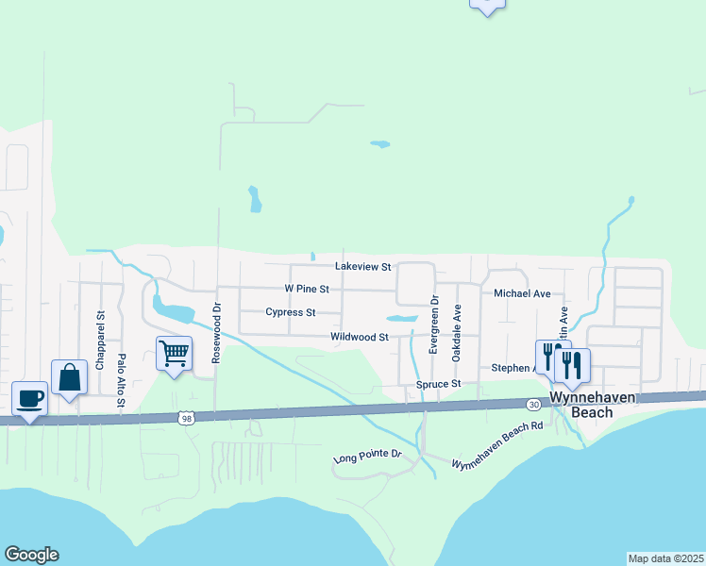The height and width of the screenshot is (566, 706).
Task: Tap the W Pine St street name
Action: pyautogui.click(x=307, y=289)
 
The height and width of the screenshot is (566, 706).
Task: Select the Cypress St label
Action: pyautogui.click(x=290, y=312)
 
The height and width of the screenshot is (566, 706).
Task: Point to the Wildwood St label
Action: pyautogui.click(x=360, y=337)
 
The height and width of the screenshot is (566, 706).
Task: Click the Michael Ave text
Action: pyautogui.click(x=522, y=294)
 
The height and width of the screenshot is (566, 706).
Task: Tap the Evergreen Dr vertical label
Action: pyautogui.click(x=435, y=325)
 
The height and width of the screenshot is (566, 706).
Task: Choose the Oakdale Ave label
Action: pyautogui.click(x=457, y=332)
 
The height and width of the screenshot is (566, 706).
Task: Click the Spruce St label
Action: pyautogui.click(x=439, y=385)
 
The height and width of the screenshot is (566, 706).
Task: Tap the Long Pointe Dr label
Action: pyautogui.click(x=368, y=458)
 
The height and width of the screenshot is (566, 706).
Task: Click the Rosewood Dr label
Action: pyautogui.click(x=216, y=332)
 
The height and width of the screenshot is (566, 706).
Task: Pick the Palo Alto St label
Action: pyautogui.click(x=121, y=379)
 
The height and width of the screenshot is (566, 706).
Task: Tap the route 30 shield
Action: pyautogui.click(x=533, y=405)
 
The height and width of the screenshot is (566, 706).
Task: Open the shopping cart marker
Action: pyautogui.click(x=174, y=354)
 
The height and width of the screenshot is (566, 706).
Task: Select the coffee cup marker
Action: pyautogui.click(x=29, y=398)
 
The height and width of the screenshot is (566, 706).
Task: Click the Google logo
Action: pyautogui.click(x=31, y=555)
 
